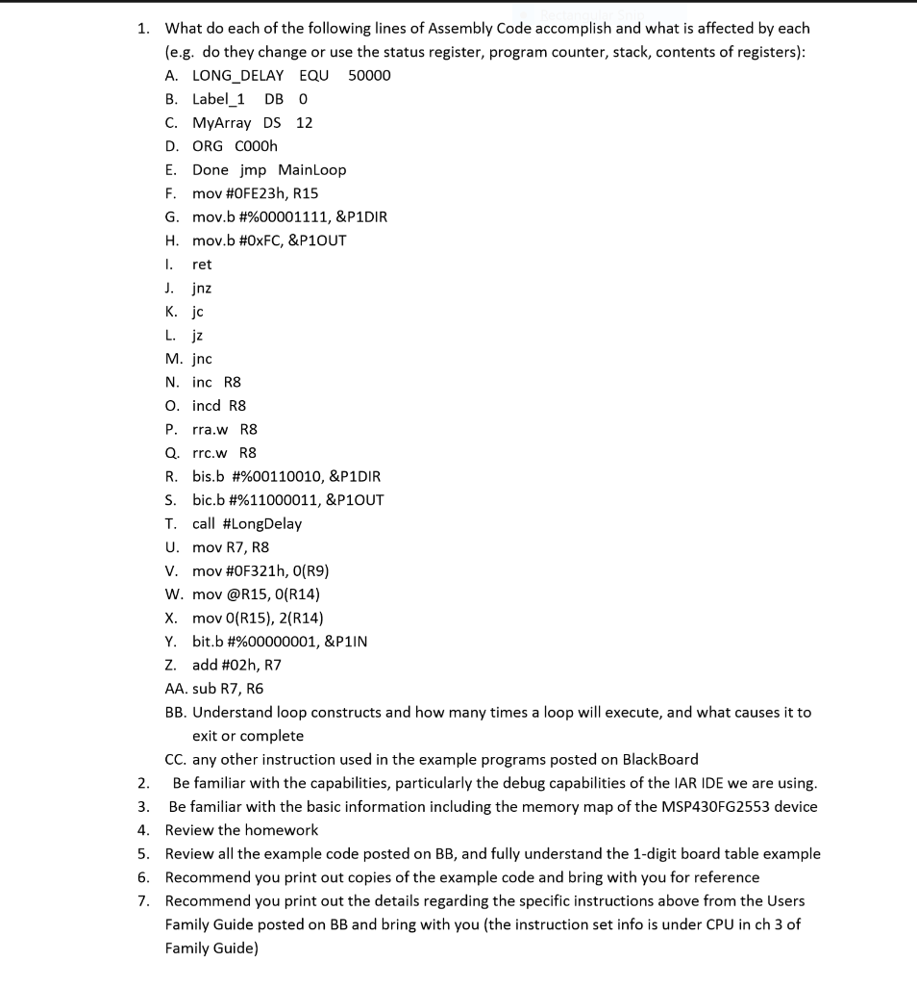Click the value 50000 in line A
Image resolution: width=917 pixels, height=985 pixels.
369,75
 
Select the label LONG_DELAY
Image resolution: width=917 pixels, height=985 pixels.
237,75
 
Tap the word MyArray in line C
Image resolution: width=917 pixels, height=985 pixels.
221,122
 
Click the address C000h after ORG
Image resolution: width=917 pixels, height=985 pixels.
256,146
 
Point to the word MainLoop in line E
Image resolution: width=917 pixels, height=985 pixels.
311,169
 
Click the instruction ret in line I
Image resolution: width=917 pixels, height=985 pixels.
202,264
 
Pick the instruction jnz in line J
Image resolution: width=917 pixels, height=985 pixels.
202,288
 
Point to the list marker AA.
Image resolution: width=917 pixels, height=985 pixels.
176,689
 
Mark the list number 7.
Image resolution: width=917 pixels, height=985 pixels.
141,901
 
